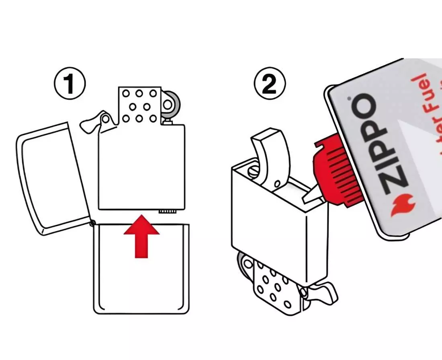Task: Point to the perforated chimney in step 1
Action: (x=139, y=106)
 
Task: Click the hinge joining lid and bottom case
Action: (x=93, y=222)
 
